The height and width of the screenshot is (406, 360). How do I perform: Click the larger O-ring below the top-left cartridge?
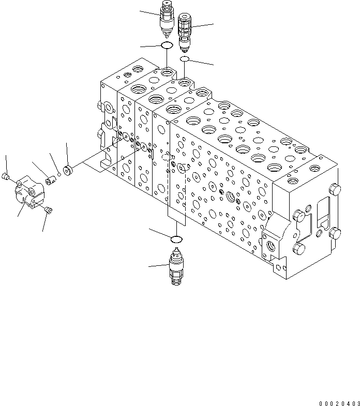pyautogui.click(x=167, y=47)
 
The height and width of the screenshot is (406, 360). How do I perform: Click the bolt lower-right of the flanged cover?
pyautogui.click(x=49, y=209)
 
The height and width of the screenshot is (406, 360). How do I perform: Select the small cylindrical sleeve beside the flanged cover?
pyautogui.click(x=51, y=180)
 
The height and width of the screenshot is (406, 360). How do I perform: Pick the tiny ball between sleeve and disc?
pyautogui.click(x=59, y=175)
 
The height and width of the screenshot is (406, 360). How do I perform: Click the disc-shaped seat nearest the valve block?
pyautogui.click(x=67, y=170)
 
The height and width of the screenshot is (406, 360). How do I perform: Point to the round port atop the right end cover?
pyautogui.click(x=314, y=168)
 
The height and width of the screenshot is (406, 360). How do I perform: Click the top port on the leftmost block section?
pyautogui.click(x=138, y=69)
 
